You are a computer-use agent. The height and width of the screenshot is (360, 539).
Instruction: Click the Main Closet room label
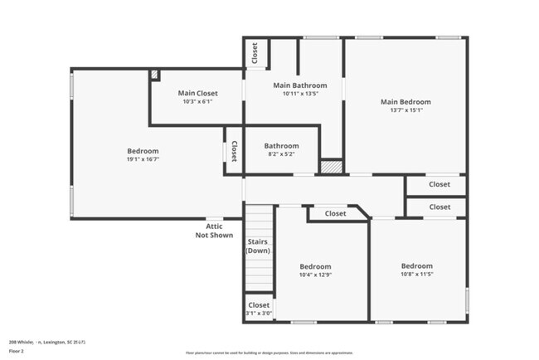coord(197,93)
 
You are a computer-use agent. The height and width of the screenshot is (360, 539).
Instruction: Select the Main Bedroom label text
coord(405,102)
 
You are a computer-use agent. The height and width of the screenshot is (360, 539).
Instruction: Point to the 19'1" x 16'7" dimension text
coord(143,159)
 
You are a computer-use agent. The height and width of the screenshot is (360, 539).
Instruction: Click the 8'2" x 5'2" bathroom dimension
coord(281,153)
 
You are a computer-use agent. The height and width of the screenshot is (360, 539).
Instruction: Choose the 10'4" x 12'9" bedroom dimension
coord(315,275)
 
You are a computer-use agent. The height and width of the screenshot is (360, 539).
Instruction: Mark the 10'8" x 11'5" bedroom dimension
coord(417,275)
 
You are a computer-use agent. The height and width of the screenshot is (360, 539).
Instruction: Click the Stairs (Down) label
coord(258,246)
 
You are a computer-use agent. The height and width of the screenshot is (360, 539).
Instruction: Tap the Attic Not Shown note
coord(214,231)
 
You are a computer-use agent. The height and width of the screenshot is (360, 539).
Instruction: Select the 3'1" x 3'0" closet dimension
coord(259,314)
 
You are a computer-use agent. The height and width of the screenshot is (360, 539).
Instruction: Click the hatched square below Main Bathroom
coord(331,167)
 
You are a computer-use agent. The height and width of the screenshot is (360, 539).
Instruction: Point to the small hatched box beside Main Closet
coord(154,75)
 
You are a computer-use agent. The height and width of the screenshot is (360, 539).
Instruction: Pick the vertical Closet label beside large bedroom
coord(234,151)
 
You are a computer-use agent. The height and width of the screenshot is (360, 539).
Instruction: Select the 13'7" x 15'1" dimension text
coord(405,110)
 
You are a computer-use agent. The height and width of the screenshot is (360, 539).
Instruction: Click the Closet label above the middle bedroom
coord(335,214)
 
